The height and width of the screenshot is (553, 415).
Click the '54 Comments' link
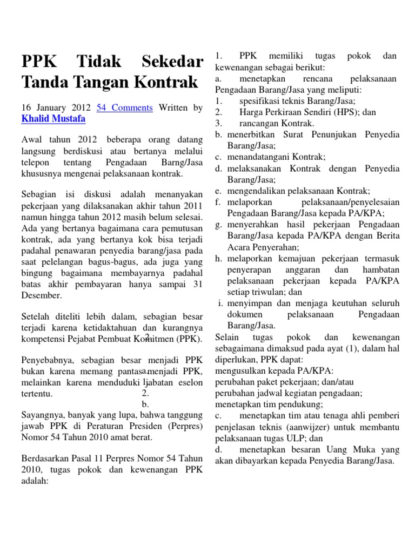point(124,108)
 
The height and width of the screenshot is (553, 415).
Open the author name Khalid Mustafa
point(53,119)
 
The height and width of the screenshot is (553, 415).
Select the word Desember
point(42,295)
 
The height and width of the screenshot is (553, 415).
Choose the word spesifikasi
point(262,101)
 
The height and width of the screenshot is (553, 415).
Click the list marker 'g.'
point(218,224)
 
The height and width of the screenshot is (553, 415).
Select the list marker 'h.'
point(218,258)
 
